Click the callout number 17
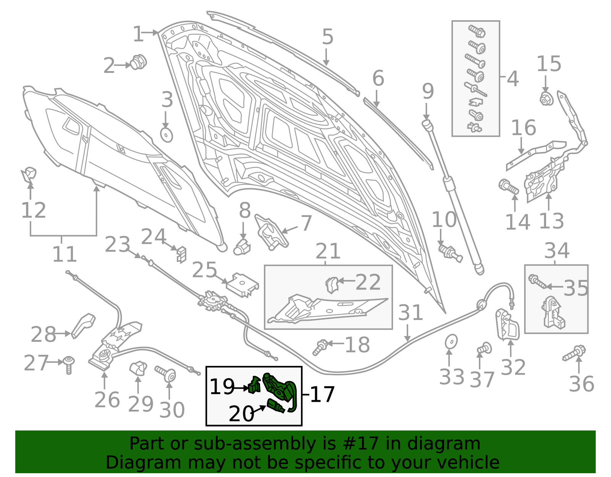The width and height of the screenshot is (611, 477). click(322, 394)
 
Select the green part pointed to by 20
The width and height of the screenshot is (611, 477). click(276, 406)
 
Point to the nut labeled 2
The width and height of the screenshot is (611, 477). click(139, 62)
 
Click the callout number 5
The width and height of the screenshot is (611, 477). click(328, 37)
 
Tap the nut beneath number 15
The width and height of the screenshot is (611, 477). click(546, 99)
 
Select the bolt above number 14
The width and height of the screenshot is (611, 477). click(508, 187)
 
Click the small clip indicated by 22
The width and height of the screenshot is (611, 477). click(332, 285)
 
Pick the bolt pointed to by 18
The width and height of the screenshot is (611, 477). click(320, 348)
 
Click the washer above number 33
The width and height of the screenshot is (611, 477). click(451, 341)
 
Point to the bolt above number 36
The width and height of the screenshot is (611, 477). click(574, 353)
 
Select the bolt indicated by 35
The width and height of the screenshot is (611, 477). click(537, 281)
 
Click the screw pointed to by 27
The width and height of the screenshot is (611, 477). click(69, 365)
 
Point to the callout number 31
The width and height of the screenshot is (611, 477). click(411, 312)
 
